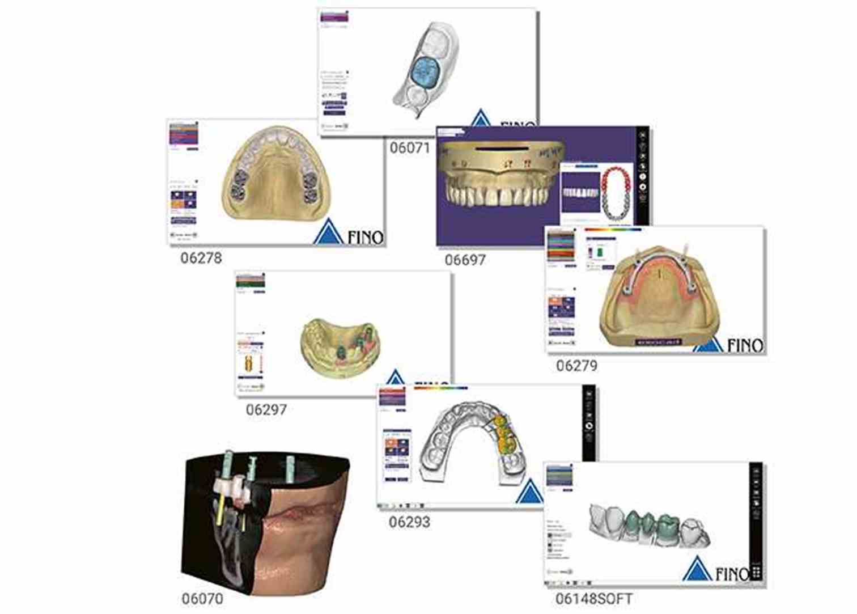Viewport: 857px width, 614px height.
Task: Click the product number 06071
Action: point(409,148)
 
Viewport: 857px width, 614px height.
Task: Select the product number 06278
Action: point(201,258)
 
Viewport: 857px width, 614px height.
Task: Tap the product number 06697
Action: point(465,260)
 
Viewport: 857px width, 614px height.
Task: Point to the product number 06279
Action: point(576,366)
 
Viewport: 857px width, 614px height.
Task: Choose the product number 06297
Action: point(266,409)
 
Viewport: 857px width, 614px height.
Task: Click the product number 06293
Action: point(409,522)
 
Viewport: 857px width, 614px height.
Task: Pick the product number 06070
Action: point(202,599)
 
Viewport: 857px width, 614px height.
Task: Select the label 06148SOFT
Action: point(594,599)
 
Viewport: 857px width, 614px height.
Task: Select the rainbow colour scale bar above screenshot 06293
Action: point(441,388)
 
